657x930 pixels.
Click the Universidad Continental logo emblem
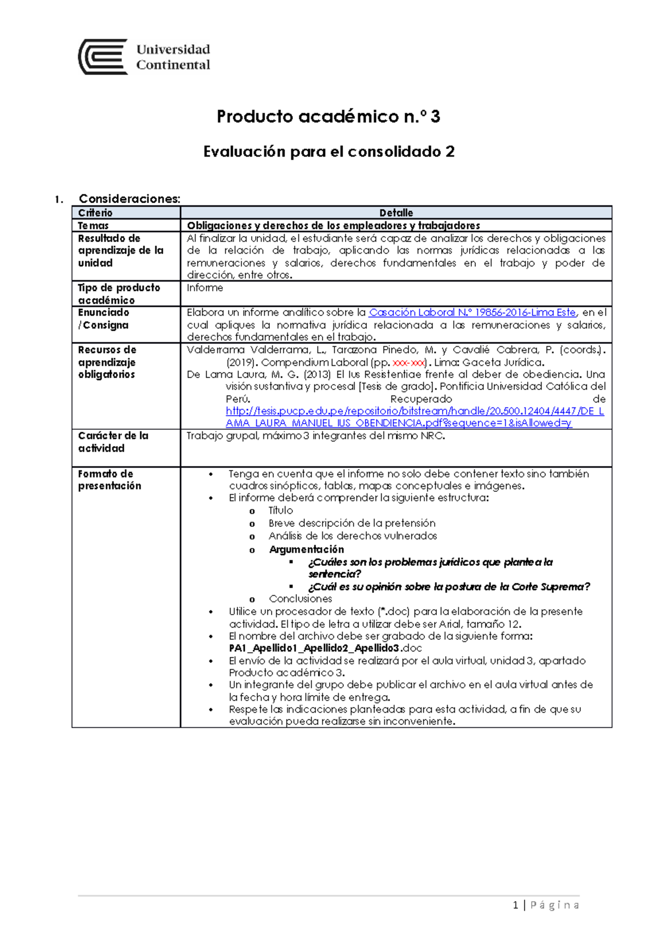[x=103, y=56]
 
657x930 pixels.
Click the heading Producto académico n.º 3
[x=328, y=117]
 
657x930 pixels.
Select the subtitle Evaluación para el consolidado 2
[x=328, y=152]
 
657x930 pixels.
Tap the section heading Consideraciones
[x=129, y=199]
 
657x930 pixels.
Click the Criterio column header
[x=95, y=213]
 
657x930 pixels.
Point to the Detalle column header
[x=396, y=213]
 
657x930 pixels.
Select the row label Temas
[x=93, y=225]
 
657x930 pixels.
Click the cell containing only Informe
[x=205, y=288]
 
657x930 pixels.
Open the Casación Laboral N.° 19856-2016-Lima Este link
[x=472, y=312]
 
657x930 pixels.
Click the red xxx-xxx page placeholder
[x=408, y=362]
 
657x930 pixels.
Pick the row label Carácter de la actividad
[x=113, y=441]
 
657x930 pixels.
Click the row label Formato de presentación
[x=109, y=479]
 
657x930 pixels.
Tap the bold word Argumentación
[x=306, y=549]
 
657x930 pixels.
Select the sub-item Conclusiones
[x=300, y=599]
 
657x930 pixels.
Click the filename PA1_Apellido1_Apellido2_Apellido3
[x=314, y=648]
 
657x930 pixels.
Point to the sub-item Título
[x=280, y=510]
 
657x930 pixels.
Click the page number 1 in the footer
[x=516, y=905]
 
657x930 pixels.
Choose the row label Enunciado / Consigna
[x=103, y=318]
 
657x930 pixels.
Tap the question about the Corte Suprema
[x=449, y=587]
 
